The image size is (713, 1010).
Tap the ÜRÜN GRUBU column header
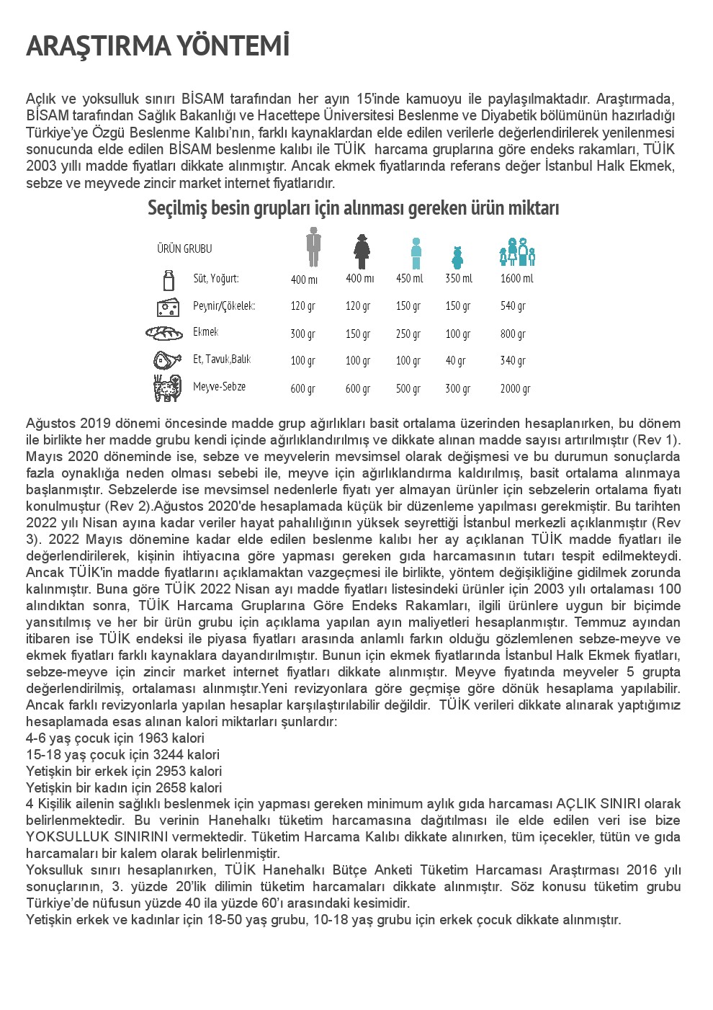184,249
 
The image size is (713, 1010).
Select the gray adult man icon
313,246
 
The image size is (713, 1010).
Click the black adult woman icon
362,251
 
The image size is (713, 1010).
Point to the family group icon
518,252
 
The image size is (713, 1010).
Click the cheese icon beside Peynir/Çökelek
168,307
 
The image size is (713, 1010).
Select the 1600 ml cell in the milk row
516,279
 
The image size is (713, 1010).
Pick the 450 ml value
409,279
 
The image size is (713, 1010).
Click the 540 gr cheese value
513,306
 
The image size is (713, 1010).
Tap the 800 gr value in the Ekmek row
513,334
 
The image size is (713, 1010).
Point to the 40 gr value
455,360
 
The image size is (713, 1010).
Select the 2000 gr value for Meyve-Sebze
515,388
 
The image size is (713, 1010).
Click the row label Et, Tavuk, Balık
222,359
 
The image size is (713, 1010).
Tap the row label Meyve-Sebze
219,387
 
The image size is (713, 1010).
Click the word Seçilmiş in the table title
176,208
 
